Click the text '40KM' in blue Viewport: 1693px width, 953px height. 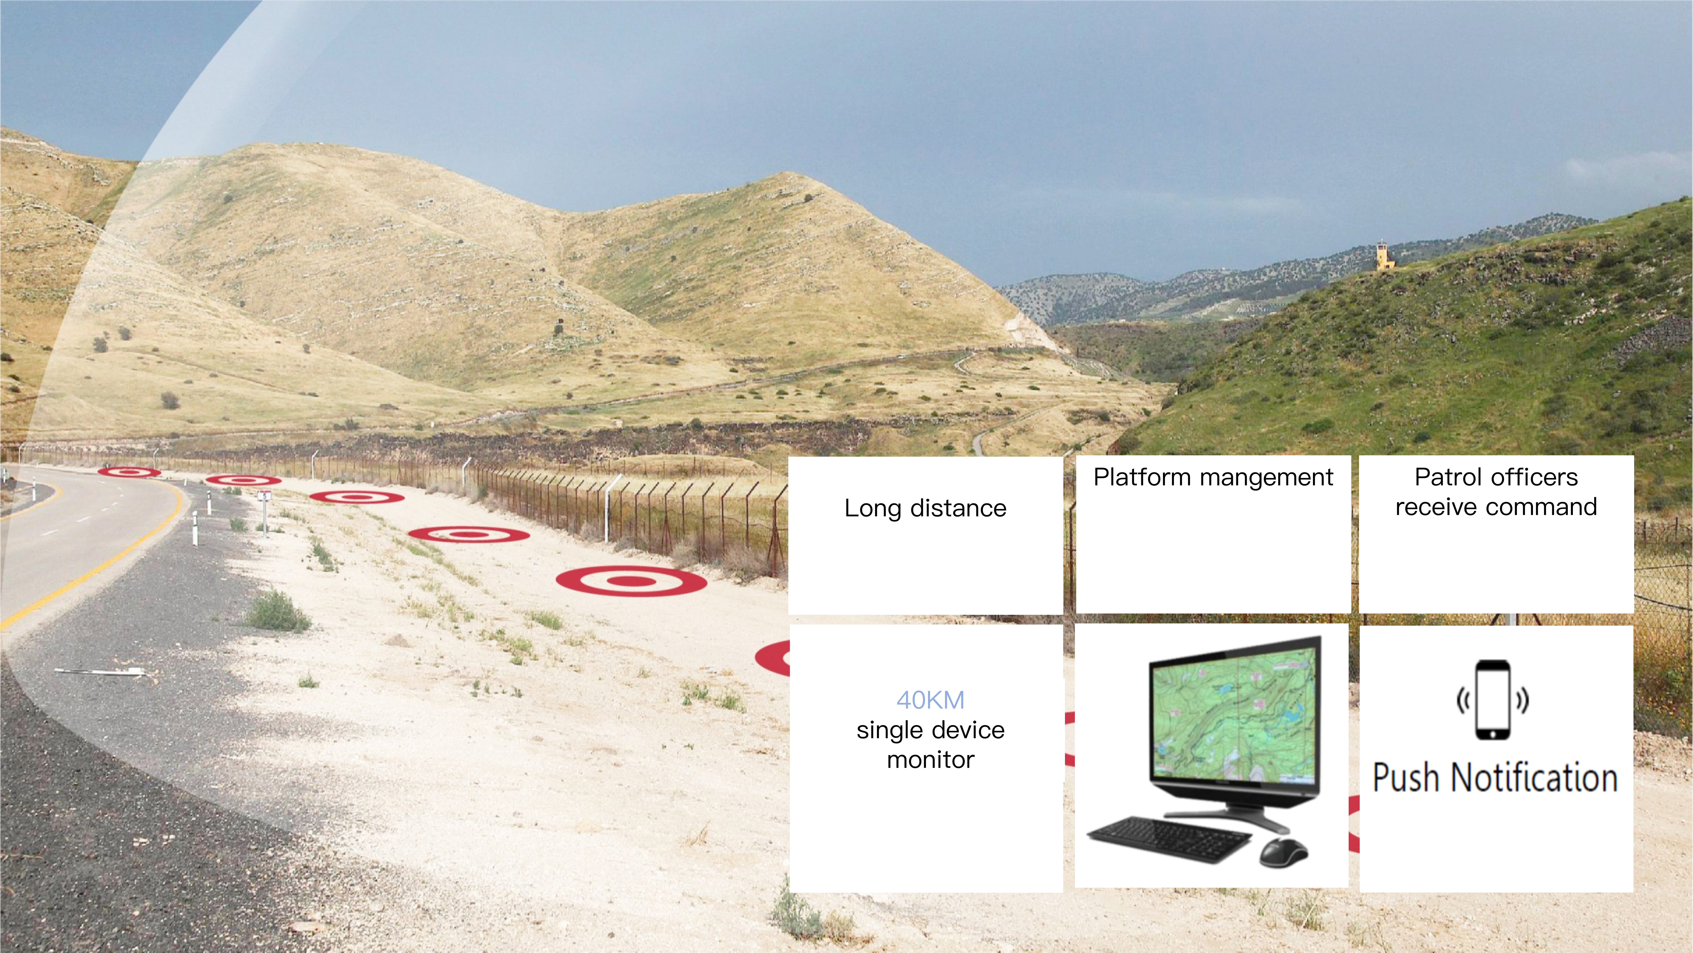930,700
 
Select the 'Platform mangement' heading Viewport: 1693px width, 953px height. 1213,477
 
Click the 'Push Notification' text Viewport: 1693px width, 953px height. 1495,777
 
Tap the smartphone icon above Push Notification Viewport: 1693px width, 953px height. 1493,700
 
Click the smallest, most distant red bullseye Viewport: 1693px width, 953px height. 129,472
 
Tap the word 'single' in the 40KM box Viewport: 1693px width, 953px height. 887,730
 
